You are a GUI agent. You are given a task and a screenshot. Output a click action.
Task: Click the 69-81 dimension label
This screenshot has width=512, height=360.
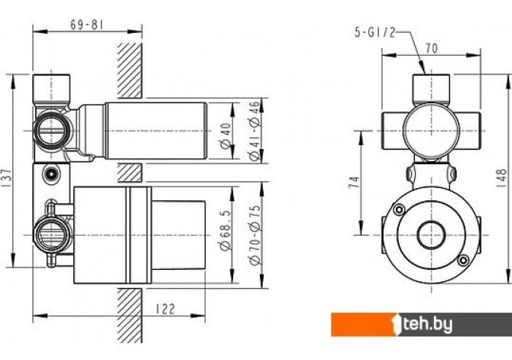[x=87, y=24]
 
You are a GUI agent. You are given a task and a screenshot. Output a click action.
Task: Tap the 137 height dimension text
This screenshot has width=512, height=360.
[x=7, y=178]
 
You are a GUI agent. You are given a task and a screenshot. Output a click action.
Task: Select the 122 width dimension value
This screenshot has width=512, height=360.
[x=165, y=309]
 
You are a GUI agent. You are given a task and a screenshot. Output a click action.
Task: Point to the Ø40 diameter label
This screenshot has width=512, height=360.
[x=226, y=136]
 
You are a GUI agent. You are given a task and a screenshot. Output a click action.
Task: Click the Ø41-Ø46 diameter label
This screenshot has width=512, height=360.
[x=254, y=131]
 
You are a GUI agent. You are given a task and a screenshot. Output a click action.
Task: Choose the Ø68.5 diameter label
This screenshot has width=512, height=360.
[x=226, y=230]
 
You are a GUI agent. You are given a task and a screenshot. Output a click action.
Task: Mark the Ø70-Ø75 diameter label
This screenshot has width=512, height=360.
[x=254, y=235]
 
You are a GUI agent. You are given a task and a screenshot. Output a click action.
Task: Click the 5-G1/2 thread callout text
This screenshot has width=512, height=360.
[x=375, y=32]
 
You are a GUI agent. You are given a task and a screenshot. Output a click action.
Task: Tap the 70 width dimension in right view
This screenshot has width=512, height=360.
[x=431, y=48]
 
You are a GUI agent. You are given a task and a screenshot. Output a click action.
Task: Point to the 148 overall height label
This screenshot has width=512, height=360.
[x=502, y=178]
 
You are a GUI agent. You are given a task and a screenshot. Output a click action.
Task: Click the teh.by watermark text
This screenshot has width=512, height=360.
[x=428, y=324]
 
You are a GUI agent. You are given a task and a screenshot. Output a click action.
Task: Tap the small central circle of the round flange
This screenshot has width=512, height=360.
[x=431, y=235]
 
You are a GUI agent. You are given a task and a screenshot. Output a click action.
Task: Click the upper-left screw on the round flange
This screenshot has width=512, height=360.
[x=399, y=209]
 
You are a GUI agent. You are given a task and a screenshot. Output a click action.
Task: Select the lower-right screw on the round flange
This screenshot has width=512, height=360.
[x=463, y=261]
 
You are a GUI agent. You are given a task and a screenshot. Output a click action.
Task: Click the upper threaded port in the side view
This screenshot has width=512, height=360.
[x=52, y=131]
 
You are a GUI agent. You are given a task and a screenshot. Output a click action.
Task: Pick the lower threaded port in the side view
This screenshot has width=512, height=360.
[x=52, y=235]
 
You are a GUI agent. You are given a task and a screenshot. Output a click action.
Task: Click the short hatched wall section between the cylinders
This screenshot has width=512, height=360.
[x=130, y=173]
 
